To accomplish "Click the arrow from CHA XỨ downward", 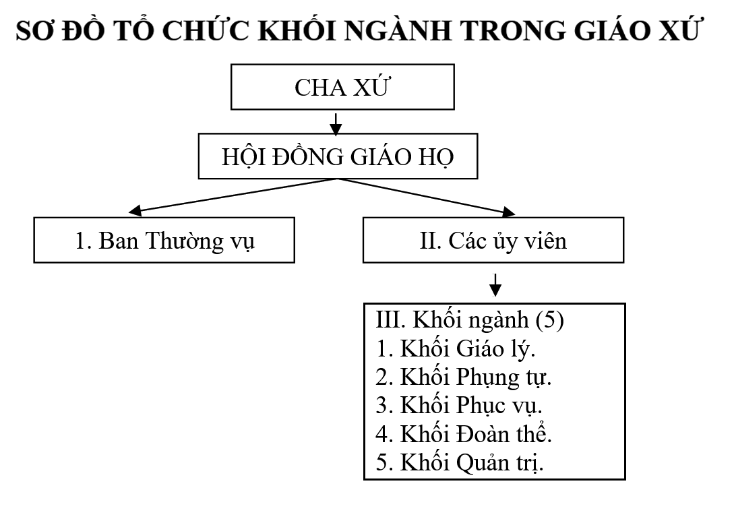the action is click(x=336, y=124).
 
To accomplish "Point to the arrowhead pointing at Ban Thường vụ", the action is click(x=135, y=211).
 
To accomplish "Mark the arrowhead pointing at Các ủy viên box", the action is click(x=508, y=212).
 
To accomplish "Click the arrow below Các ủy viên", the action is click(x=495, y=285).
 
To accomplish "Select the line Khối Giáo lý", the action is click(x=456, y=348).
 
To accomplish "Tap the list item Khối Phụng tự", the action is click(x=464, y=377).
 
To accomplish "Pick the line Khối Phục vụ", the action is click(x=459, y=405).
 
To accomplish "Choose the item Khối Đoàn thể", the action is click(x=464, y=434).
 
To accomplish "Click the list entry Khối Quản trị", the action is click(x=460, y=462).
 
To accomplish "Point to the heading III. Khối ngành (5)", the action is click(x=470, y=320).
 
